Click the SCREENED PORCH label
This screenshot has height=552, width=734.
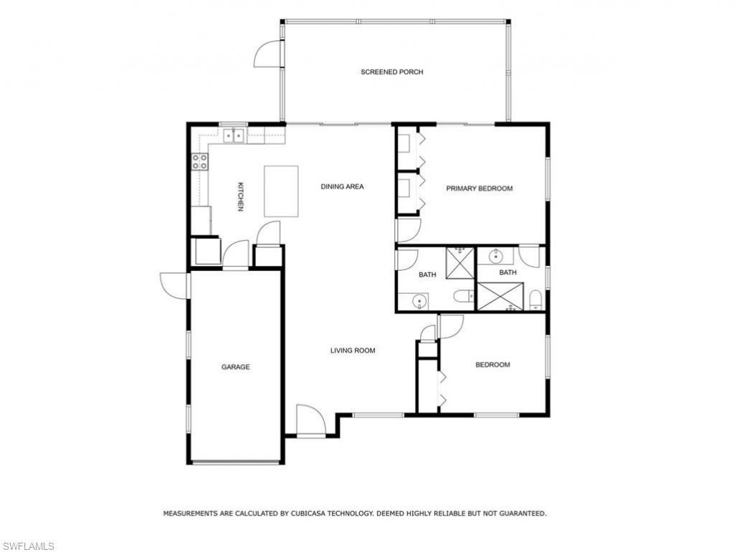[391, 72]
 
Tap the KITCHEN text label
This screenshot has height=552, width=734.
[241, 196]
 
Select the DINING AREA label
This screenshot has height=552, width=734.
[342, 186]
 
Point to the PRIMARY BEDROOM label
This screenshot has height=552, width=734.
[480, 189]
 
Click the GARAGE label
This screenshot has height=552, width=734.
[235, 367]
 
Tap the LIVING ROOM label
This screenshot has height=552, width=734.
[353, 351]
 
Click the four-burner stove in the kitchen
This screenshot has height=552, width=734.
[199, 162]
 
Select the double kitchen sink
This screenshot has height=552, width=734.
[234, 134]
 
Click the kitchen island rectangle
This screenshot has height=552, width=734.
[281, 191]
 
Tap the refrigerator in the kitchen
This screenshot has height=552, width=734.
[201, 221]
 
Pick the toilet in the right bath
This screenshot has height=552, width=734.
[535, 300]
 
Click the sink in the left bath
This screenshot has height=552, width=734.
[419, 301]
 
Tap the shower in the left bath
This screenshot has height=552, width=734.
[460, 262]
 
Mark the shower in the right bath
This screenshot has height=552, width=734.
[500, 296]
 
